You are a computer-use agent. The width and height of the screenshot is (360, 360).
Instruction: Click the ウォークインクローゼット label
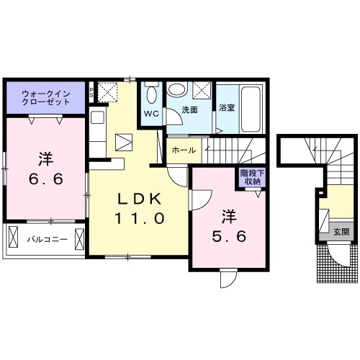(46, 98)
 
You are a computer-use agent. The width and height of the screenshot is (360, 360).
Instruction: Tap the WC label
(151, 114)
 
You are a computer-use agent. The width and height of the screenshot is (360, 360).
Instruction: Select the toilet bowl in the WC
(151, 95)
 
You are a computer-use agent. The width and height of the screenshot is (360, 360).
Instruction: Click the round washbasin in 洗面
(177, 90)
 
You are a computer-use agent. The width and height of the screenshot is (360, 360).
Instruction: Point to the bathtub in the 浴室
(251, 109)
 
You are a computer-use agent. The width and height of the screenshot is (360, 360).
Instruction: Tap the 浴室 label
(227, 107)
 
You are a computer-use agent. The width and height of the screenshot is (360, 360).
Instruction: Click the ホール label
(184, 150)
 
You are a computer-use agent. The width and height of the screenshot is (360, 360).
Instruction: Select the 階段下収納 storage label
(252, 177)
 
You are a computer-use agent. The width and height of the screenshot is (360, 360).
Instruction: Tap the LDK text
(139, 199)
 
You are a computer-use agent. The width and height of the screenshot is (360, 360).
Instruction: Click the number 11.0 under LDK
(140, 218)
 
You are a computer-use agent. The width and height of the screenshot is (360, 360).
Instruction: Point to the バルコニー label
(47, 239)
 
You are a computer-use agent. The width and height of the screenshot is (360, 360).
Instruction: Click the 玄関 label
(341, 232)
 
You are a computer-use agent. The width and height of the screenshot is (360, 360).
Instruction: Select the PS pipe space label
(91, 92)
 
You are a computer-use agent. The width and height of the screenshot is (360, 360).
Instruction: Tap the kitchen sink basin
(97, 117)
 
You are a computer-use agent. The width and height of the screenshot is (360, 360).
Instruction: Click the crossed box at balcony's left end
(13, 236)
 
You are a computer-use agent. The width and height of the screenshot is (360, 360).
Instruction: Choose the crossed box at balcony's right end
(79, 239)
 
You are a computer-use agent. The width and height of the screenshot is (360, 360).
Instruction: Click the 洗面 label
(189, 110)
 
